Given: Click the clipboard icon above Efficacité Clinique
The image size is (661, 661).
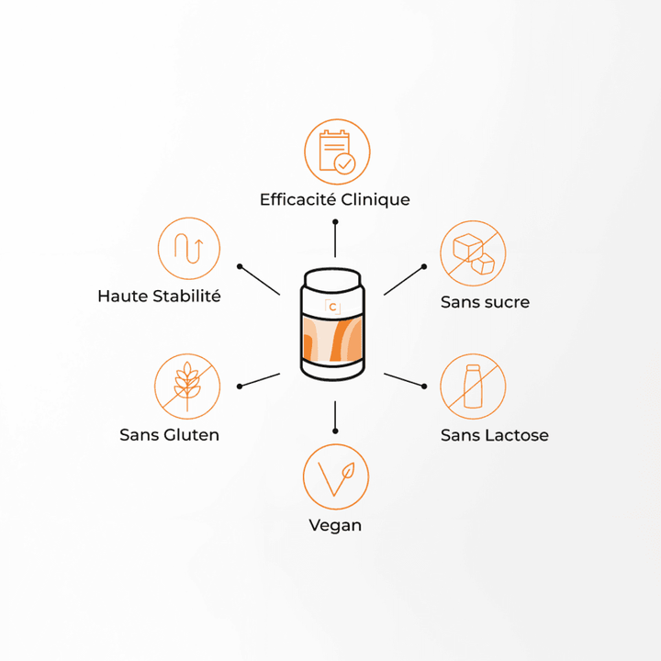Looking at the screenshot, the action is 337,151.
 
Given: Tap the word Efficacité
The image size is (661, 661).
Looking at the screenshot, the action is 297,200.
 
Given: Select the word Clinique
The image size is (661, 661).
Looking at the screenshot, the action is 375,200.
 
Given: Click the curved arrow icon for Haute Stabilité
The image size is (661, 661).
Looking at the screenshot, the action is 189,248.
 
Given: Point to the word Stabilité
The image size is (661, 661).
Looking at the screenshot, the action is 186,296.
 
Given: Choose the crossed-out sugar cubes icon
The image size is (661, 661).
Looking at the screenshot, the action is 473,253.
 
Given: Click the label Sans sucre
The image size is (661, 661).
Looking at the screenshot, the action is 485,302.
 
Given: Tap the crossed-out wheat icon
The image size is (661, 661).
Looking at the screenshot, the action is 187,387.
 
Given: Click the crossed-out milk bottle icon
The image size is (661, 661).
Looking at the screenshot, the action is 473,387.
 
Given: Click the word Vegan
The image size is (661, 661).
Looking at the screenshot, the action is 335,526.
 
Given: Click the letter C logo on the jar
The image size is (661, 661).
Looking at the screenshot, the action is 332,307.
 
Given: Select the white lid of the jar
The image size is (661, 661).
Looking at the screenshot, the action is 332,279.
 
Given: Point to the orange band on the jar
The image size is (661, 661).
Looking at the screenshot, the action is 332,340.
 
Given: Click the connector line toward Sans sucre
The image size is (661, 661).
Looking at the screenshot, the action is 404,280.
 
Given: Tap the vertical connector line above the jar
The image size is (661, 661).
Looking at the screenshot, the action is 335,238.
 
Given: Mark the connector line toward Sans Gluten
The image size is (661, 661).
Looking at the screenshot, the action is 259,380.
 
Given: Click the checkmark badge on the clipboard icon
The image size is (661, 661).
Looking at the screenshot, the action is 345,163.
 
